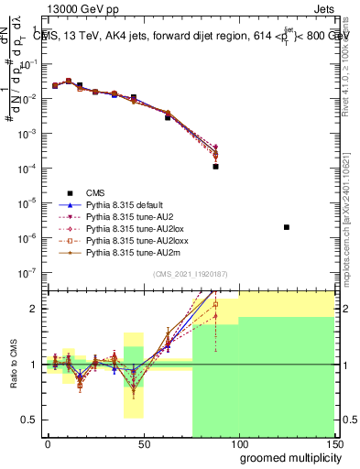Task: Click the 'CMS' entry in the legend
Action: click(95, 191)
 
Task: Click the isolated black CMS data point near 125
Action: click(287, 226)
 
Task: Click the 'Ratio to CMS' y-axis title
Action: click(13, 365)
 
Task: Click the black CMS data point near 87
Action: click(215, 167)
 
